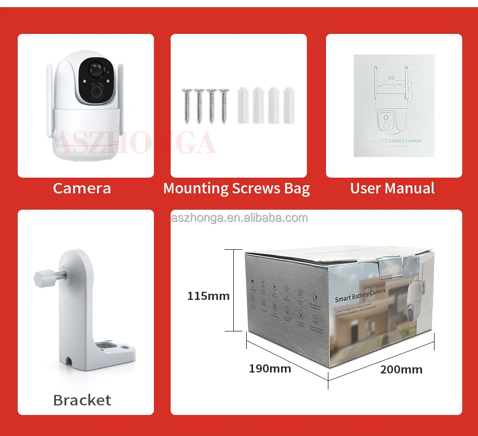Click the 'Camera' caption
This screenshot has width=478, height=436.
point(82,188)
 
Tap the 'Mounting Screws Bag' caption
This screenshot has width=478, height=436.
point(237,188)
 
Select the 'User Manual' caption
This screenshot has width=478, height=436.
point(392,188)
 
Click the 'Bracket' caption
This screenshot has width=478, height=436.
point(82,400)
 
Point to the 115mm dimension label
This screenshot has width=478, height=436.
point(208,296)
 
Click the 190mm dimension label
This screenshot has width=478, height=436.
point(270,368)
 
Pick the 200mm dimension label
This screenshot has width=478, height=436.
point(401,369)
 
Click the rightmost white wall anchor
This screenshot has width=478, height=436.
point(288,105)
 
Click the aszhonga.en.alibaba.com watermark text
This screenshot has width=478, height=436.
point(239,218)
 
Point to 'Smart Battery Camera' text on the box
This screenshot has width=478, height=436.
point(360,295)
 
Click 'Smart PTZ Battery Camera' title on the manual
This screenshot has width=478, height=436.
point(393,140)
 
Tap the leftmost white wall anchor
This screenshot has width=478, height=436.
point(243,105)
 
